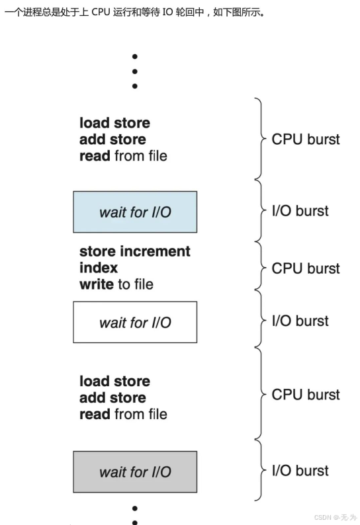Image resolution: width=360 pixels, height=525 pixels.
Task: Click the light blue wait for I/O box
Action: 135,212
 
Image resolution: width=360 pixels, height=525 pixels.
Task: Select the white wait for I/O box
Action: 135,322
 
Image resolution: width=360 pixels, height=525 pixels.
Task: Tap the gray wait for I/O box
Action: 135,471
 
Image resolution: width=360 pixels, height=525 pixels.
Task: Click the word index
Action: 99,268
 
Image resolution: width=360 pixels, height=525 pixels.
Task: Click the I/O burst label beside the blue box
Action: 300,212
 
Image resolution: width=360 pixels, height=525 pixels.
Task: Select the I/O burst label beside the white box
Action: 300,321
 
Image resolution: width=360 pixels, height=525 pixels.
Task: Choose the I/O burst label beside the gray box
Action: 300,471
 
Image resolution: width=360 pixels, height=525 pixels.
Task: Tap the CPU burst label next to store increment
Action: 305,268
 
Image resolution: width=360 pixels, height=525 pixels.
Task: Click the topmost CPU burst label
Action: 305,140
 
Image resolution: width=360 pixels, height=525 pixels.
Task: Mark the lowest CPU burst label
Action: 305,395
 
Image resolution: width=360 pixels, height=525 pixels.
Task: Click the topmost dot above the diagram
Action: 135,57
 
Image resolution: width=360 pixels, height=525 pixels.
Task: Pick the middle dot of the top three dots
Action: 135,71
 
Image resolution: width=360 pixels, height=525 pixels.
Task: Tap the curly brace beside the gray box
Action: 259,471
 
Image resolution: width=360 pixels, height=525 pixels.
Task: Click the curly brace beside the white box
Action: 259,321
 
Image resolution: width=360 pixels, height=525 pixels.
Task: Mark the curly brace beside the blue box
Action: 259,212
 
